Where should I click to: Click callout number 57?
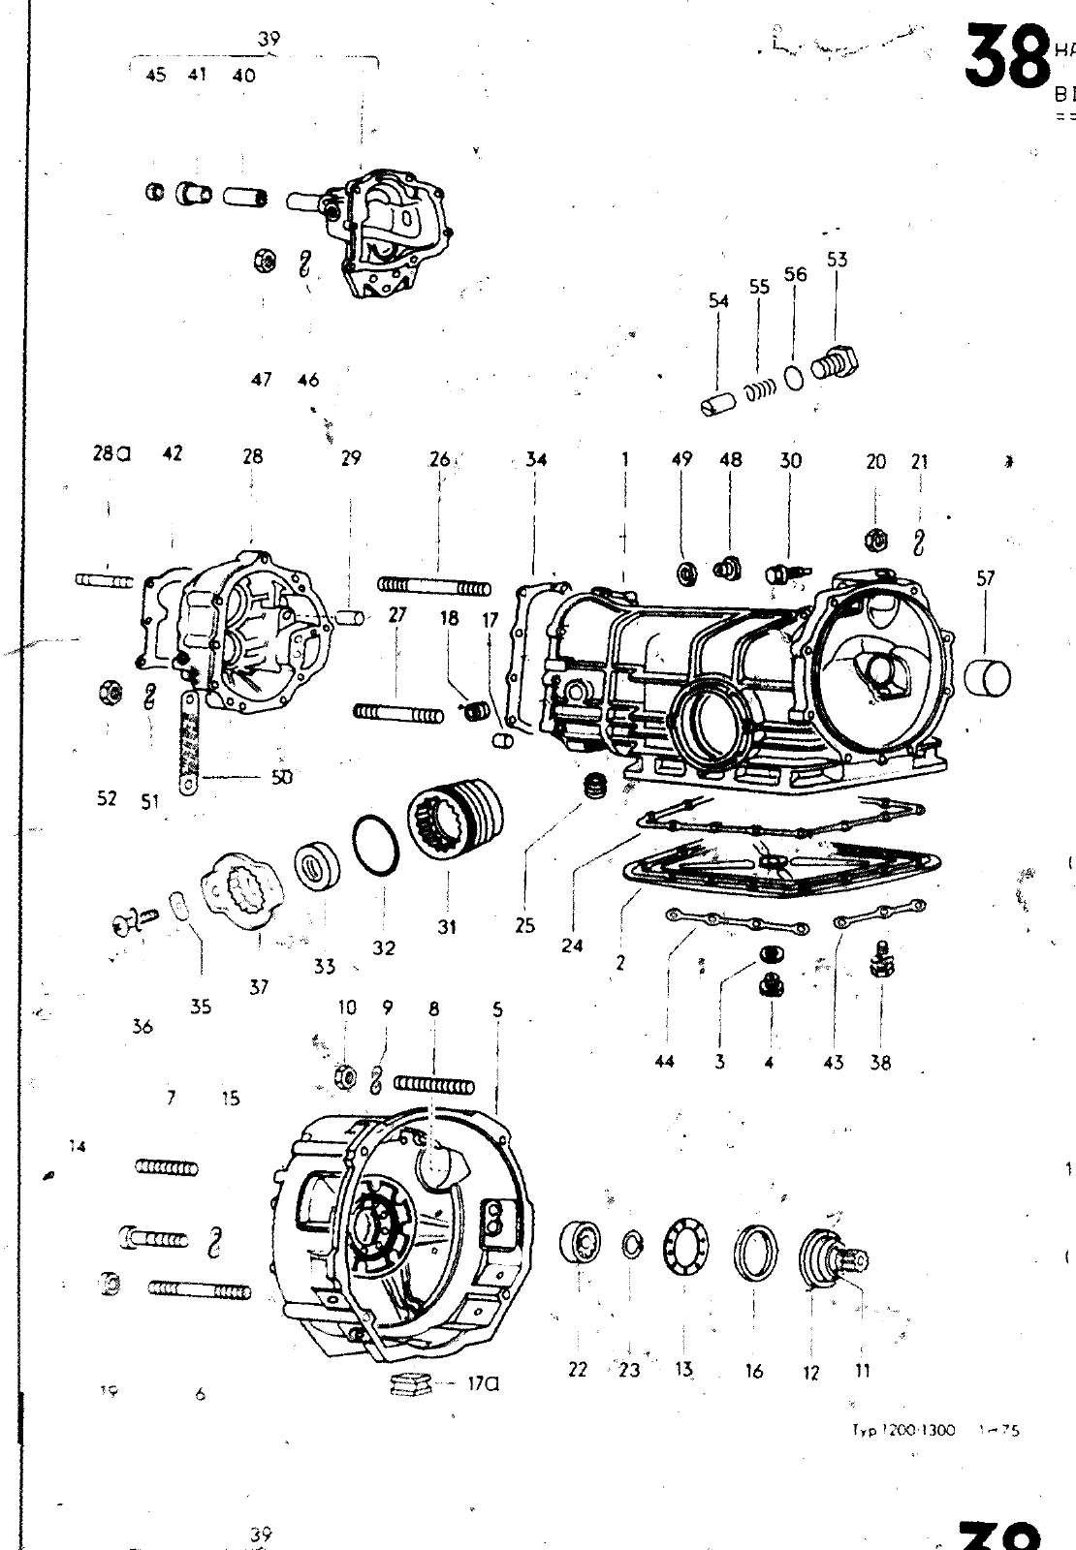985,579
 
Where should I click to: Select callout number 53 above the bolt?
837,260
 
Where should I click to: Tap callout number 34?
536,459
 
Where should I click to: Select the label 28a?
111,453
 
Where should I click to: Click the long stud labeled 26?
434,586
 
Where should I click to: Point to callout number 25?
524,925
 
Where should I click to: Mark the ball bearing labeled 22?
579,1243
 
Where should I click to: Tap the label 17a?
483,1384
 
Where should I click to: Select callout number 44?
664,1061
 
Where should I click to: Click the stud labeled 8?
433,1084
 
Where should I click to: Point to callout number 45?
155,76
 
